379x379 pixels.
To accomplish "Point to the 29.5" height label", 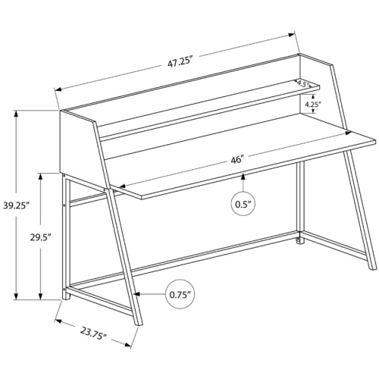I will point(39,236).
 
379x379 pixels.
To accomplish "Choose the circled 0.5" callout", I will point(243,203).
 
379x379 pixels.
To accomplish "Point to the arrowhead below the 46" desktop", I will point(243,177).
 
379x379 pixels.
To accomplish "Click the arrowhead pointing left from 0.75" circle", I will point(135,293).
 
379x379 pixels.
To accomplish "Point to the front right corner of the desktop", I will point(376,139).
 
